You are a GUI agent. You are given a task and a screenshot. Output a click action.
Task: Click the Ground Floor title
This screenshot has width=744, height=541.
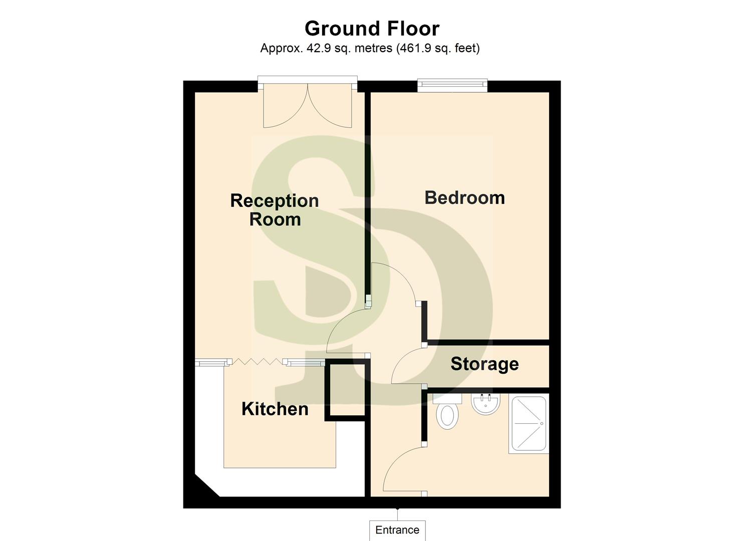372,29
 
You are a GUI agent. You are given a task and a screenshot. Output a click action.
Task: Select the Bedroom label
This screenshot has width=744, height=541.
464,198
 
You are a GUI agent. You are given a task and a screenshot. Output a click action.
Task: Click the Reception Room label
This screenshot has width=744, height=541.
275,210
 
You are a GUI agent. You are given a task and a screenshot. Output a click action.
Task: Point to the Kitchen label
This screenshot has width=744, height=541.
275,409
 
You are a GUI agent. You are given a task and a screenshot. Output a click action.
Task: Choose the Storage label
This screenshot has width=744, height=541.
484,364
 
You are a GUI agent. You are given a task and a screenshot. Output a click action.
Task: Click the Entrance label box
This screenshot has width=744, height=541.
397,530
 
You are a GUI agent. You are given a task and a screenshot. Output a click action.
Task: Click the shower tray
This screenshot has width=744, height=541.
529,424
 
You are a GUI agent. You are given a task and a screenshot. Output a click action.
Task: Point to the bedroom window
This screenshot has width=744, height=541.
453,85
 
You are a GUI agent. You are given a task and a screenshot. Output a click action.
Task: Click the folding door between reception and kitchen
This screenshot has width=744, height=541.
257,361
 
